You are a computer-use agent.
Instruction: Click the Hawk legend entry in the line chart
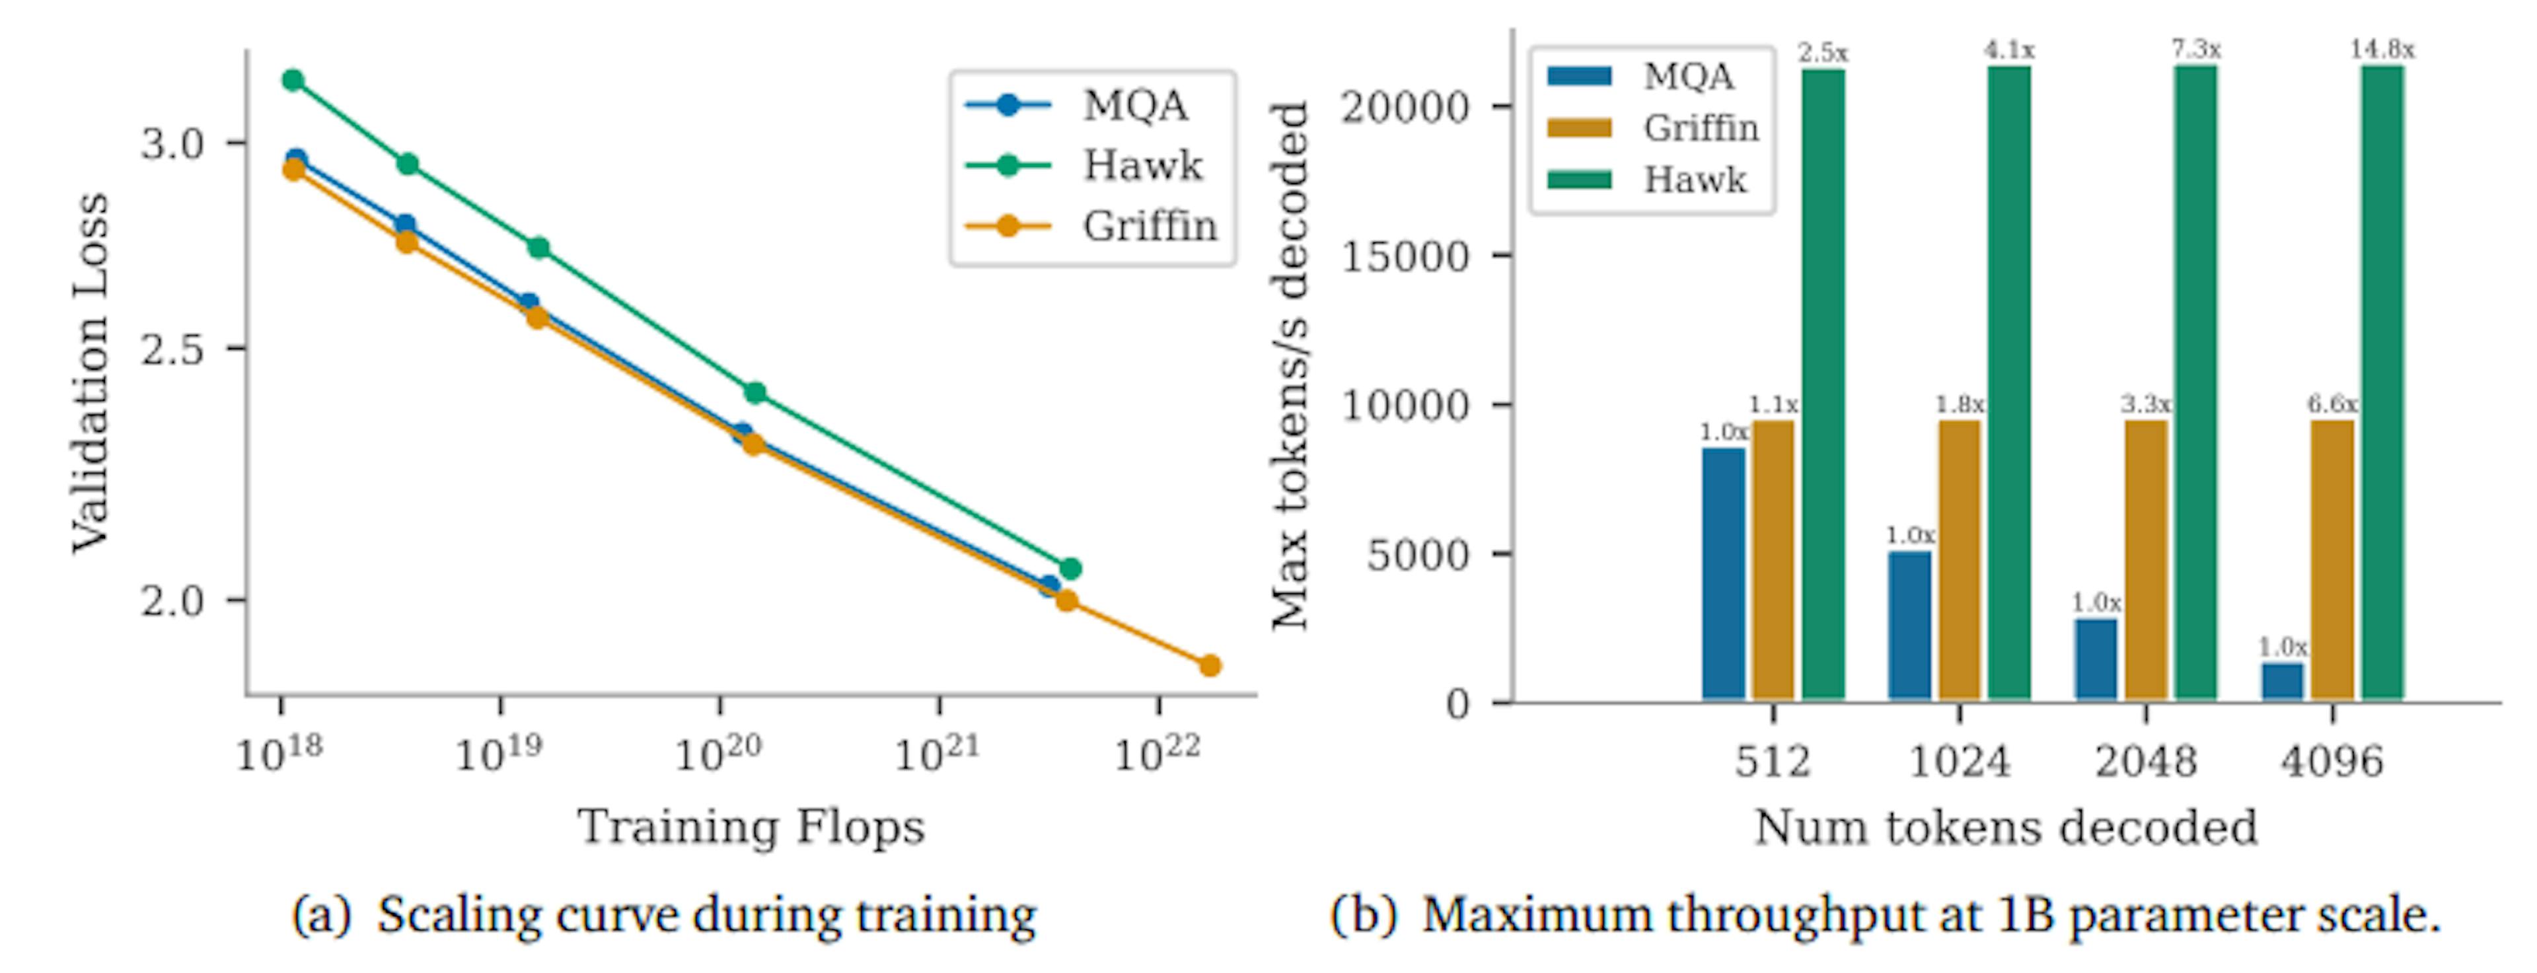pos(1142,165)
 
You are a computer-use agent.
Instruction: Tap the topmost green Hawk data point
pos(293,80)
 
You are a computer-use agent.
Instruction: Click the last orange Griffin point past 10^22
pos(1210,666)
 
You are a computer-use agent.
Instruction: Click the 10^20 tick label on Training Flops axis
pos(718,754)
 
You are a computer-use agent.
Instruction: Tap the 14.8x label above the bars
pos(2382,50)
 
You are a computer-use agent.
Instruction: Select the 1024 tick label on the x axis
pos(1959,761)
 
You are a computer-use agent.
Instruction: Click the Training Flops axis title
pos(751,826)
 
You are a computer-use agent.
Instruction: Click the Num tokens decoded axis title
pos(2005,827)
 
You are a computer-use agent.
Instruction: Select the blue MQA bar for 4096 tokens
pos(2282,682)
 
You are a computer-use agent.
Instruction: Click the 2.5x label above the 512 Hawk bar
pos(1823,52)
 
